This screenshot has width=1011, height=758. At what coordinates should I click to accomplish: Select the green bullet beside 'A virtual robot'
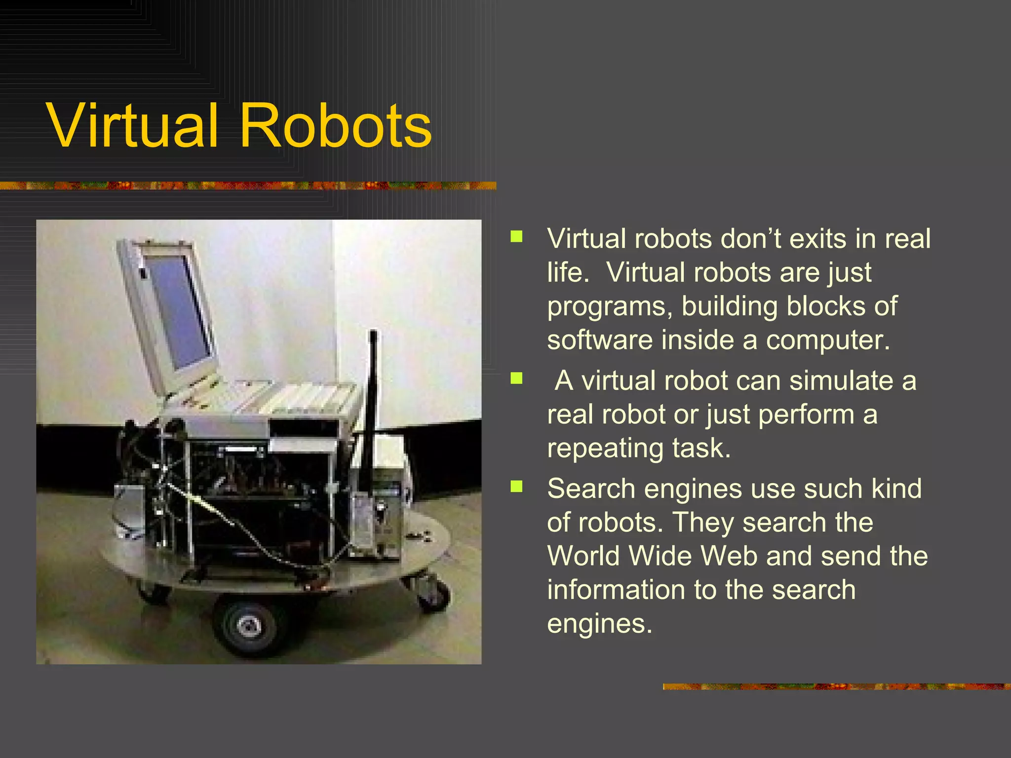[x=516, y=379]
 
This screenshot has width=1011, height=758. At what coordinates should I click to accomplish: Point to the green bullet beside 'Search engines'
[x=516, y=487]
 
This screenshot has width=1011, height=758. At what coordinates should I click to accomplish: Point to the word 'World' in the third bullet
[x=583, y=556]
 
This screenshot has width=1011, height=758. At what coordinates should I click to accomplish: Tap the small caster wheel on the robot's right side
[x=434, y=594]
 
